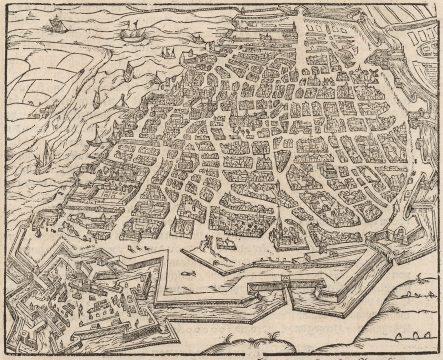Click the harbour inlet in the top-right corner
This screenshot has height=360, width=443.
(x=420, y=40)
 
